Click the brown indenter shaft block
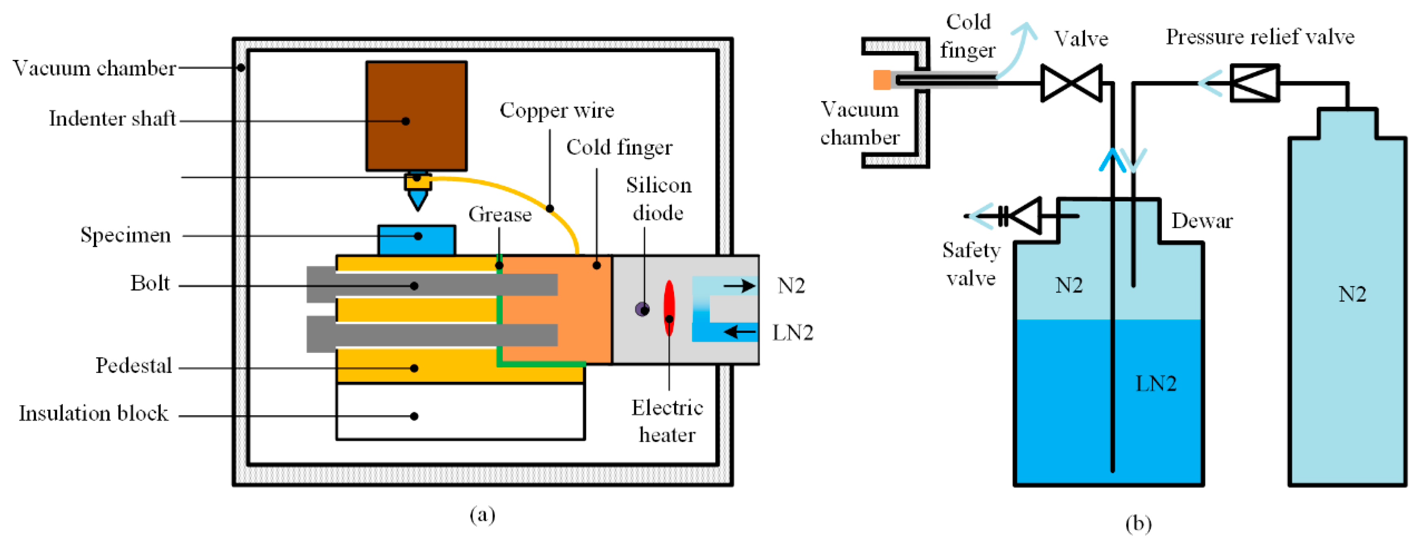click(x=417, y=116)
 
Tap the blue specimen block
click(x=417, y=240)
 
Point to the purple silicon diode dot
click(x=642, y=309)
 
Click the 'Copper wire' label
click(x=557, y=110)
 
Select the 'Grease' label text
click(x=500, y=214)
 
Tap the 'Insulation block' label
click(x=93, y=413)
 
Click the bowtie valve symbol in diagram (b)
click(x=1071, y=83)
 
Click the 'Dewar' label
click(x=1201, y=221)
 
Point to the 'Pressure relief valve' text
click(x=1260, y=37)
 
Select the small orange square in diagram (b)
click(x=882, y=80)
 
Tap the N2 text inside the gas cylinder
click(x=1352, y=294)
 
